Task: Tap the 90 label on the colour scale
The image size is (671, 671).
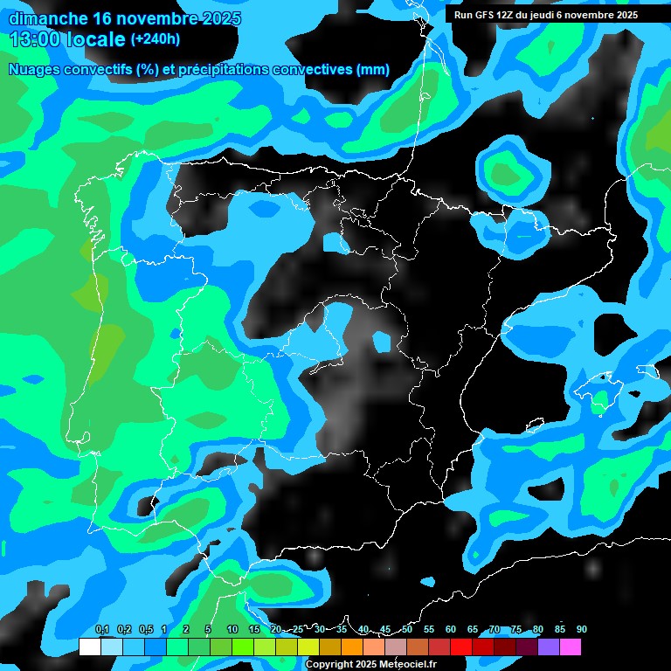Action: (x=581, y=630)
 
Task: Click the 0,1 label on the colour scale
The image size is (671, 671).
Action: (x=101, y=630)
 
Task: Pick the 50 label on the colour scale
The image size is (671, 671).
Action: (x=407, y=630)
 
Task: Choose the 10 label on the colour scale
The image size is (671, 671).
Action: (x=232, y=630)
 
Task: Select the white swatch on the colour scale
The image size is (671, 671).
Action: (x=89, y=647)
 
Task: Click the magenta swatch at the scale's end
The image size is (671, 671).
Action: (x=570, y=647)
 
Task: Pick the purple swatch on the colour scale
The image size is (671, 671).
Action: (x=548, y=647)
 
